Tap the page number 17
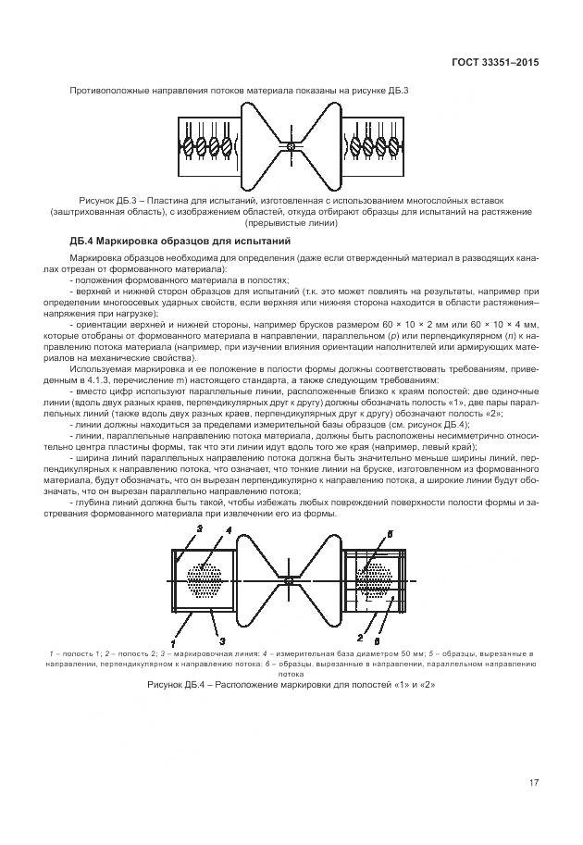pyautogui.click(x=533, y=783)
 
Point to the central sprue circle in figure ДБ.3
pyautogui.click(x=291, y=146)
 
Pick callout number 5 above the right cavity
pyautogui.click(x=391, y=535)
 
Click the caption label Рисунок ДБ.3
pyautogui.click(x=110, y=200)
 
